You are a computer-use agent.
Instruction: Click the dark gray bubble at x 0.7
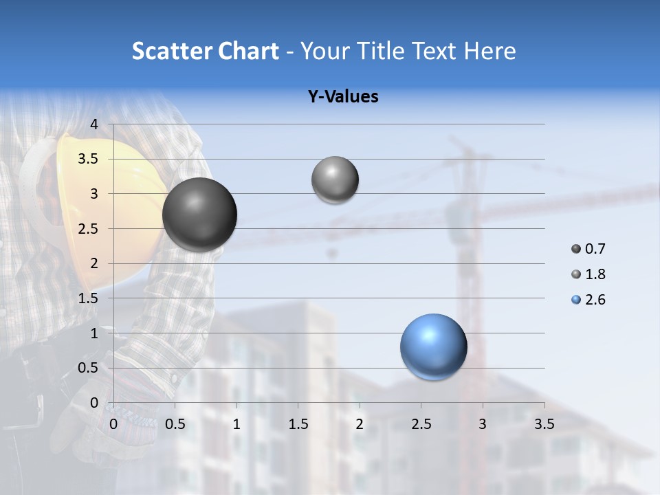199,214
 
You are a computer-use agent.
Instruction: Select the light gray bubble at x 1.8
335,180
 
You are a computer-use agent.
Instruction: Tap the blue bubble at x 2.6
433,346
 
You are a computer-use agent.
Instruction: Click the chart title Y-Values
343,97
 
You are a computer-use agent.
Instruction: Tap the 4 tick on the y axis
94,124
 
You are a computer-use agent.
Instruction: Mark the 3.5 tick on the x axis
544,424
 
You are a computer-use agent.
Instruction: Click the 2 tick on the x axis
360,424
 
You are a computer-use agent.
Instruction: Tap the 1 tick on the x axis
236,424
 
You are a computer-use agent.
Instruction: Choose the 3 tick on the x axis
483,424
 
